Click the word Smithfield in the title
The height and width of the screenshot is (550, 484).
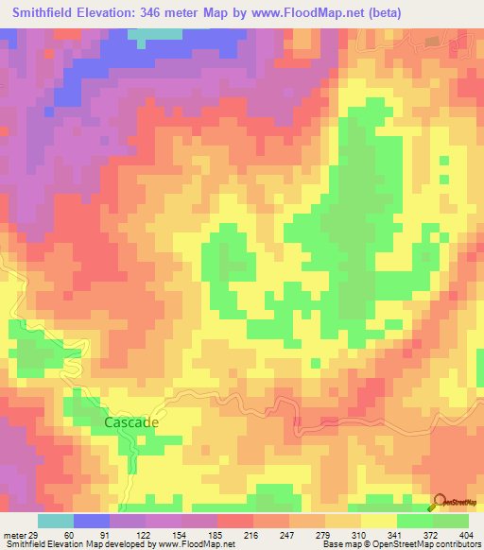point(43,13)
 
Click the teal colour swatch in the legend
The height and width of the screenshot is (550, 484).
point(56,521)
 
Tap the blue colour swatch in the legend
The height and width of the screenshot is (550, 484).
point(92,521)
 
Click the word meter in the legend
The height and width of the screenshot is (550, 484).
point(12,535)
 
